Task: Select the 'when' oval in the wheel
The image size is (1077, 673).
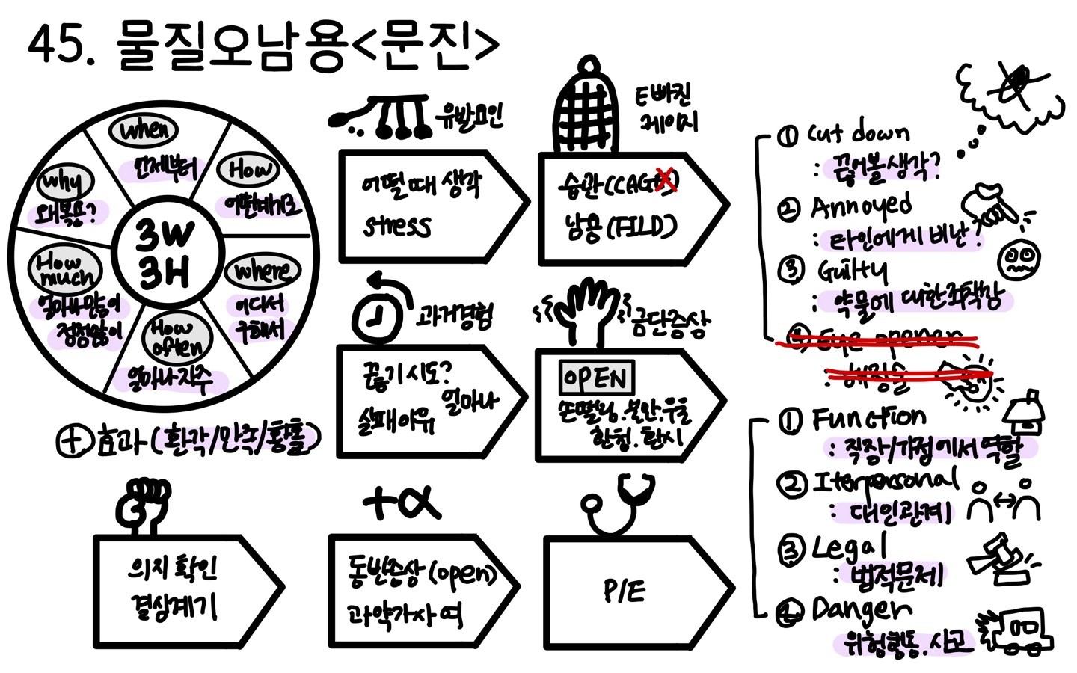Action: [144, 131]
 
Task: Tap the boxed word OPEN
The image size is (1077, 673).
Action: [596, 378]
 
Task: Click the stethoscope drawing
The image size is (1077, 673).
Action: [618, 505]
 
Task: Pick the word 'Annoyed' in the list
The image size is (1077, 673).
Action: [861, 206]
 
